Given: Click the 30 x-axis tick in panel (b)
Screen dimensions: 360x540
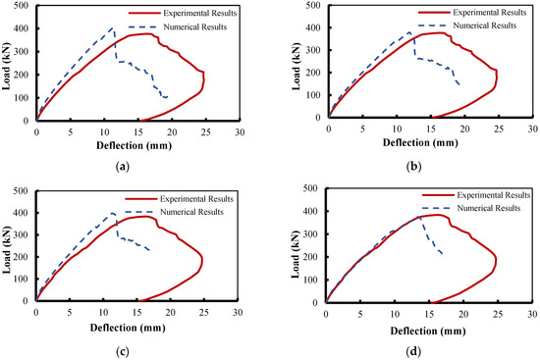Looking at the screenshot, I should (x=529, y=129).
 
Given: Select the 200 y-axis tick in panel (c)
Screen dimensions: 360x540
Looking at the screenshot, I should (x=24, y=257).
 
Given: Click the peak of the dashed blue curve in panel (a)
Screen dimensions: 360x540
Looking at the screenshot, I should (x=112, y=28).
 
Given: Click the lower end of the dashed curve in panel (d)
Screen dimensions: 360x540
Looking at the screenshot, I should (x=443, y=255).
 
